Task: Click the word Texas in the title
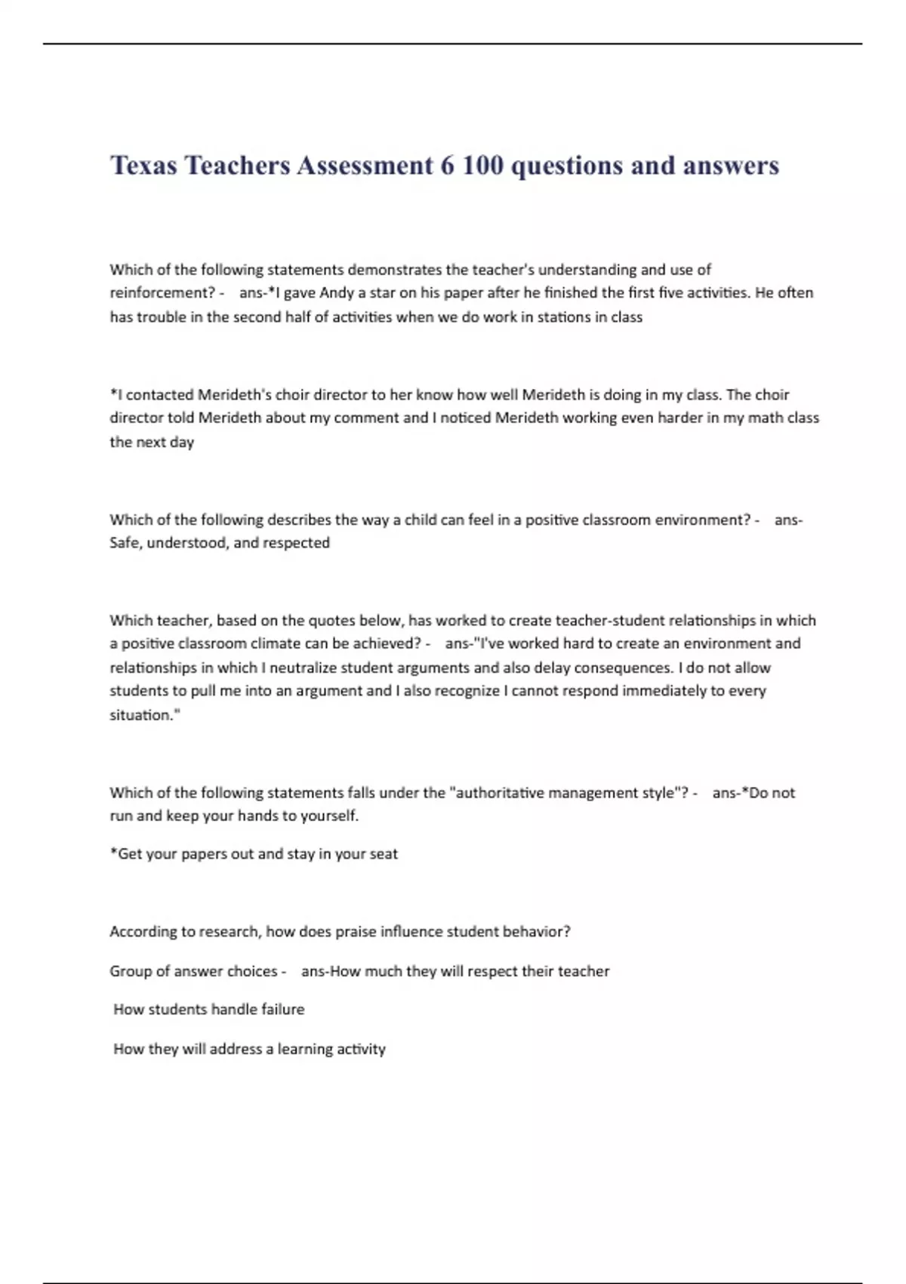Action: [x=143, y=165]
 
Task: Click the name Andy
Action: [x=337, y=293]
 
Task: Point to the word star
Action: [x=383, y=293]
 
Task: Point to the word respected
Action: [x=295, y=543]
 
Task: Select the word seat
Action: [x=383, y=854]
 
